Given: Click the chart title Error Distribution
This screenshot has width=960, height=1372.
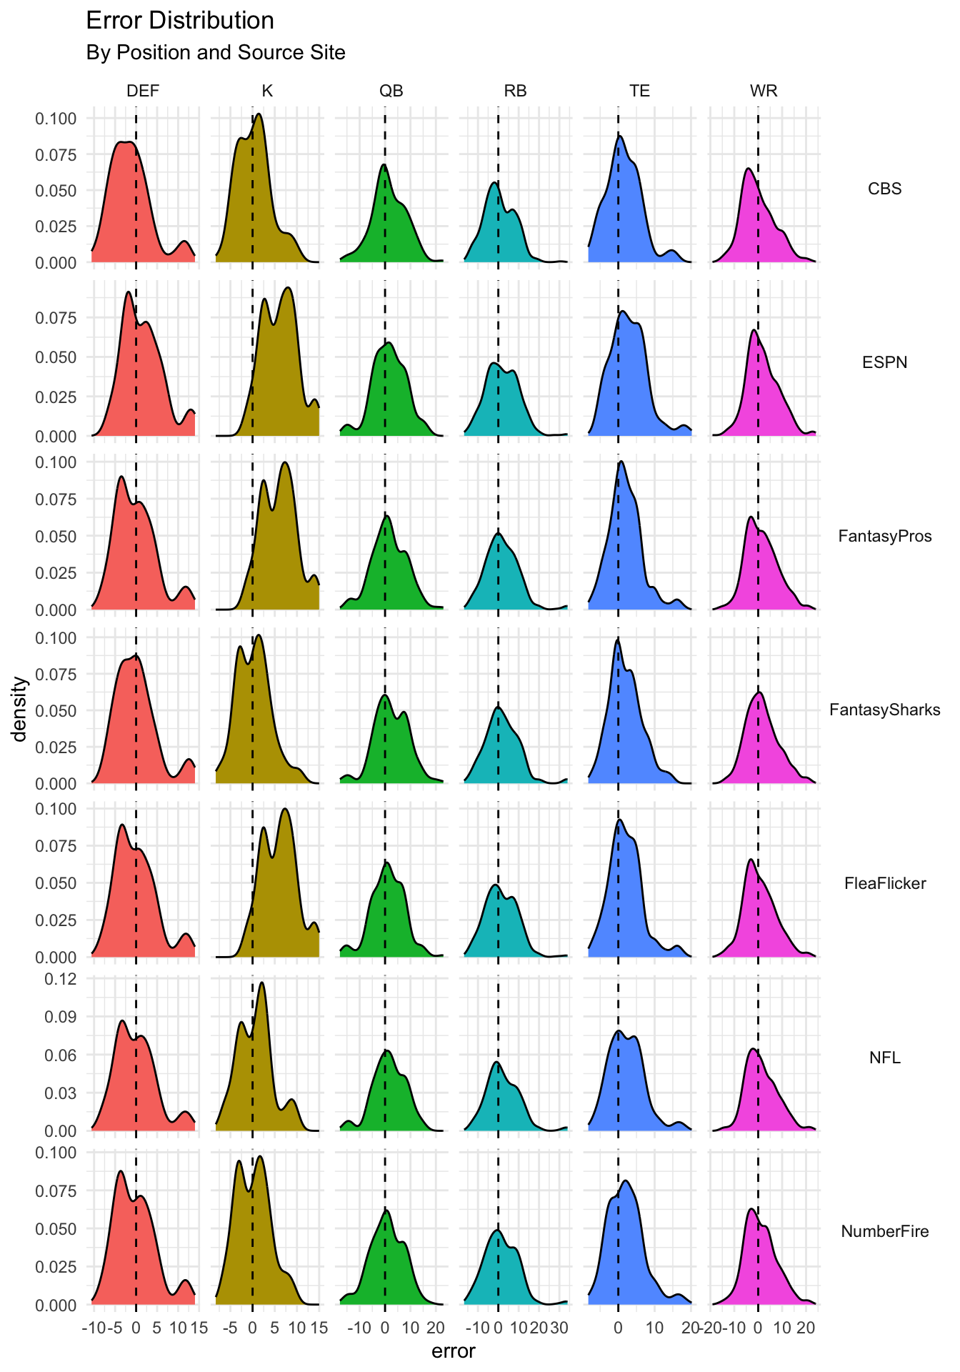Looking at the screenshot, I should (180, 21).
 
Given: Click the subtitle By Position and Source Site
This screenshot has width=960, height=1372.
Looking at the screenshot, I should (216, 53).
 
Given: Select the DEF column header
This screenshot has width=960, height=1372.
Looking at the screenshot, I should (143, 91).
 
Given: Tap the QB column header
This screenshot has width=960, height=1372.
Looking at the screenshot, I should (391, 91).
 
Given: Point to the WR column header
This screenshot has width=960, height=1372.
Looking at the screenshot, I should (764, 91).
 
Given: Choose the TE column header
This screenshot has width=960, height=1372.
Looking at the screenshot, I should (639, 91).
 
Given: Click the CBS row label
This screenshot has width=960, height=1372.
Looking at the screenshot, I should (884, 189).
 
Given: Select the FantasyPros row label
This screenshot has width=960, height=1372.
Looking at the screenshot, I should (884, 536).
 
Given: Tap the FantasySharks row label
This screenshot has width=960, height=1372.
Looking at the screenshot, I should (884, 710).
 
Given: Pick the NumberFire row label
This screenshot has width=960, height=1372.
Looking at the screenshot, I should (884, 1231).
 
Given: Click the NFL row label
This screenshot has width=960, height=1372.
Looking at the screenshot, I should (884, 1058).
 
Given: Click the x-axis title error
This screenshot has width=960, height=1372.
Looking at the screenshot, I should (454, 1351).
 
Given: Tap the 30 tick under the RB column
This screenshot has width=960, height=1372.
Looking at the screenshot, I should (559, 1328).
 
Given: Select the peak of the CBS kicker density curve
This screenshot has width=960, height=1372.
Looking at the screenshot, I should (259, 114).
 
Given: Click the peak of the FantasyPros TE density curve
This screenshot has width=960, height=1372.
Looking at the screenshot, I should (621, 462).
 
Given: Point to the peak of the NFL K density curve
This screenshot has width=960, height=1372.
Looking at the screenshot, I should (261, 983).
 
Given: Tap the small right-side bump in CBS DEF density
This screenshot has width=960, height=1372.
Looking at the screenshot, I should (184, 242).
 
